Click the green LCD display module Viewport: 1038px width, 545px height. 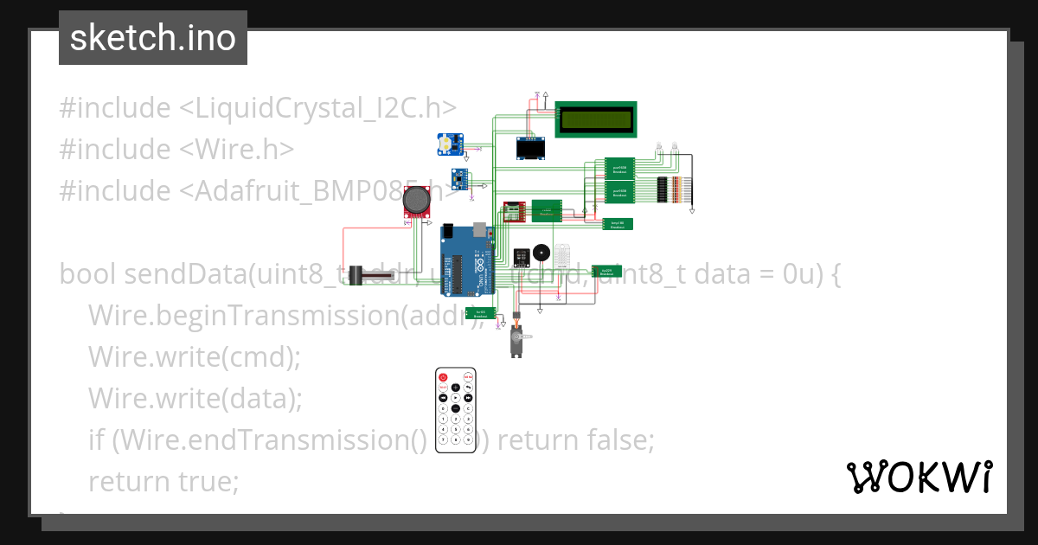(596, 119)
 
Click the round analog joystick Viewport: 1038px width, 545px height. (419, 201)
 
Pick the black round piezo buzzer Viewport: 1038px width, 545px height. (541, 254)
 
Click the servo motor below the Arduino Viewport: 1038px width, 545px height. (516, 340)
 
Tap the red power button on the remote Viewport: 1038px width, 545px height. (443, 377)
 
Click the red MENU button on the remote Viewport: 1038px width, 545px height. (468, 377)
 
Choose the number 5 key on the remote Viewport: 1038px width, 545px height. (456, 428)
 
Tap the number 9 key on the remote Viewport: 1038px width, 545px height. (468, 438)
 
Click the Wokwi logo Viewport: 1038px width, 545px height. (919, 477)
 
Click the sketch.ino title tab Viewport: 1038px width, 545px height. (153, 38)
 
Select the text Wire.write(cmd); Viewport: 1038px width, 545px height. (194, 356)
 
